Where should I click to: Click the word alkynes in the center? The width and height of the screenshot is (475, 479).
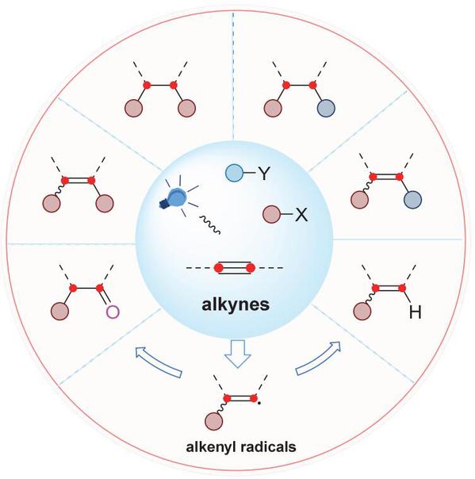236,305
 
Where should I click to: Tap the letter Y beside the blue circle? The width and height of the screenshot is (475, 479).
264,173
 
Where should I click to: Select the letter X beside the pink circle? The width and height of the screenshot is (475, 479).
301,215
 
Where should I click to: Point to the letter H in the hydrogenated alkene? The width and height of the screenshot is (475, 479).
415,312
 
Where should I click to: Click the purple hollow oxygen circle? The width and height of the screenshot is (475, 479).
113,312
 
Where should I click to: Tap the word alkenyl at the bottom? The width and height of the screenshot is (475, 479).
211,447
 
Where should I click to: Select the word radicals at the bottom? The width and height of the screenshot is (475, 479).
269,447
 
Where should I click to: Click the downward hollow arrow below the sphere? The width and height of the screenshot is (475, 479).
238,354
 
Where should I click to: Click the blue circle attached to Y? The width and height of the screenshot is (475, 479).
234,173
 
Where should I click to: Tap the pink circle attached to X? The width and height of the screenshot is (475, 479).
271,214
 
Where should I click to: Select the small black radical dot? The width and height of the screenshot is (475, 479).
259,404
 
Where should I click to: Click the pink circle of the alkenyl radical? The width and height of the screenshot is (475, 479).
214,420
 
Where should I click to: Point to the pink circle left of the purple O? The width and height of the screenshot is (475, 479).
60,311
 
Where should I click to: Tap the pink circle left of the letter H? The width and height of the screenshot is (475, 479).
362,312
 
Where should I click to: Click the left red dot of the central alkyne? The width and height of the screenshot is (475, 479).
218,268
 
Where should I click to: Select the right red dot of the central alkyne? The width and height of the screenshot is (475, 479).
251,268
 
